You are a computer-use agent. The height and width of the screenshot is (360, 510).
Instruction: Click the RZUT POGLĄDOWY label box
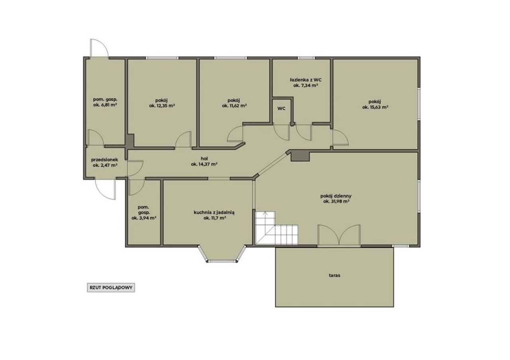click(111, 288)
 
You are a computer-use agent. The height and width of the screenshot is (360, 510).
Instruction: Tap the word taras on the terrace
click(334, 275)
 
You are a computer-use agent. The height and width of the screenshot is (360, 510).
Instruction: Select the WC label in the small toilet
click(281, 109)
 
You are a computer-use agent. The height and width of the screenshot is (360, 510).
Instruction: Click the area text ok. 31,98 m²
click(336, 202)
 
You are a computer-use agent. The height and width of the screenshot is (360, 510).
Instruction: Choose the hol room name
click(204, 158)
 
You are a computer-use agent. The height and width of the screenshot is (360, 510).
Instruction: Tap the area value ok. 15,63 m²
click(375, 107)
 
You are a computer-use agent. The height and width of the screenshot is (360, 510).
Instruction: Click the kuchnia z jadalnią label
click(214, 213)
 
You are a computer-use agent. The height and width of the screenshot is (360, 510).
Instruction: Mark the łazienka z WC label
click(306, 80)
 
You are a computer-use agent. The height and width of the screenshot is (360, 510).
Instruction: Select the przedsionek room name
click(105, 160)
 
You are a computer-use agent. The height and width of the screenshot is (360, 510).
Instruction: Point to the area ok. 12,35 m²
click(162, 106)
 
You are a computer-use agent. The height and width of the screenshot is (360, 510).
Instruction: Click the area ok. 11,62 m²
click(235, 106)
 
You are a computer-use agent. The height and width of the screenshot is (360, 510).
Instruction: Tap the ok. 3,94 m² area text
click(144, 218)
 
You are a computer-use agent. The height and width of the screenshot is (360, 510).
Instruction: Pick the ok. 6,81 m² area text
click(105, 105)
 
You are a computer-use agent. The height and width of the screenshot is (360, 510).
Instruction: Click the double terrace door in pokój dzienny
click(339, 235)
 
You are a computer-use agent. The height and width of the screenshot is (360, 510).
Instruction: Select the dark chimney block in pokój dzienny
click(300, 157)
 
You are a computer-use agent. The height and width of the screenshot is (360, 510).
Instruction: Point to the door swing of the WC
click(282, 133)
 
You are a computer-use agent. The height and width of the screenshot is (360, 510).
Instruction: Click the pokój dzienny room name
click(336, 196)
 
